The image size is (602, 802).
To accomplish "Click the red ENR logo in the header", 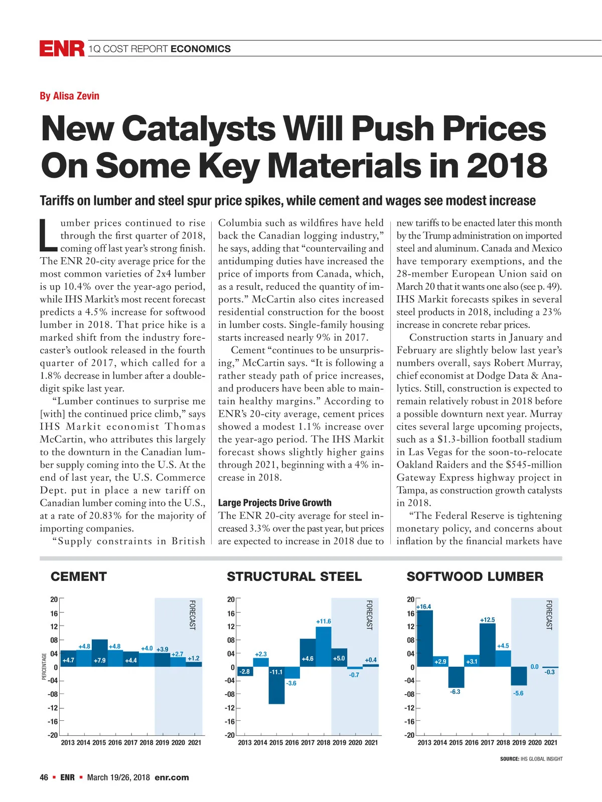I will (x=62, y=49).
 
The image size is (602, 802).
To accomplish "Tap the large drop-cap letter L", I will (x=49, y=235).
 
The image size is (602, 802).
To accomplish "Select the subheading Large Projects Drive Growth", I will (x=274, y=503).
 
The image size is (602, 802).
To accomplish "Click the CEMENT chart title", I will (x=79, y=576).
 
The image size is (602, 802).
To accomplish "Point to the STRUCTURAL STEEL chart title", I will (x=294, y=576).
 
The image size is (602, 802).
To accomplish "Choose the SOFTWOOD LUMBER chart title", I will (x=475, y=576).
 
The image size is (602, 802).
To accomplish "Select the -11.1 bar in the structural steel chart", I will (x=276, y=685).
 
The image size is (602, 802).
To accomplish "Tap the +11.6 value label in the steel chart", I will (x=324, y=622).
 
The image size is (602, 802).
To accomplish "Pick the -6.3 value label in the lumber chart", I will (x=455, y=692).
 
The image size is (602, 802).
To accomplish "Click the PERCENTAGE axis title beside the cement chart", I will (x=44, y=667).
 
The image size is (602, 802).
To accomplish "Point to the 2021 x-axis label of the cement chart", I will (x=194, y=742).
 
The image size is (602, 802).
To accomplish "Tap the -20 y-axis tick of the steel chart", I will (x=230, y=735).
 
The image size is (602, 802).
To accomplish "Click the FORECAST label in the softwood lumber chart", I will (x=549, y=615).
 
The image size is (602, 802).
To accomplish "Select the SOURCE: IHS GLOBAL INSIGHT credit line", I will (x=531, y=759).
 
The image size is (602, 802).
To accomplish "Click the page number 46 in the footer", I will (x=44, y=777).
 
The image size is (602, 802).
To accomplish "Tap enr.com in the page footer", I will (x=172, y=777).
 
